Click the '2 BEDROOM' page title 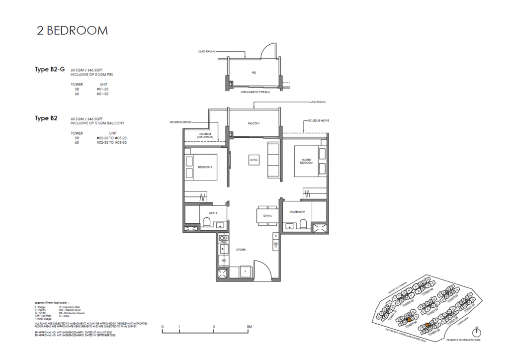(x=73, y=30)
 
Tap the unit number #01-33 (x=104, y=93)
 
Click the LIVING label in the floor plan (x=254, y=160)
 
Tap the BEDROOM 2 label (x=205, y=167)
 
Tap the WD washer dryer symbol (x=224, y=260)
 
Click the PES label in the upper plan (x=253, y=72)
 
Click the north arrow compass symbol (x=477, y=332)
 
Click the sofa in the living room (x=273, y=160)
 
